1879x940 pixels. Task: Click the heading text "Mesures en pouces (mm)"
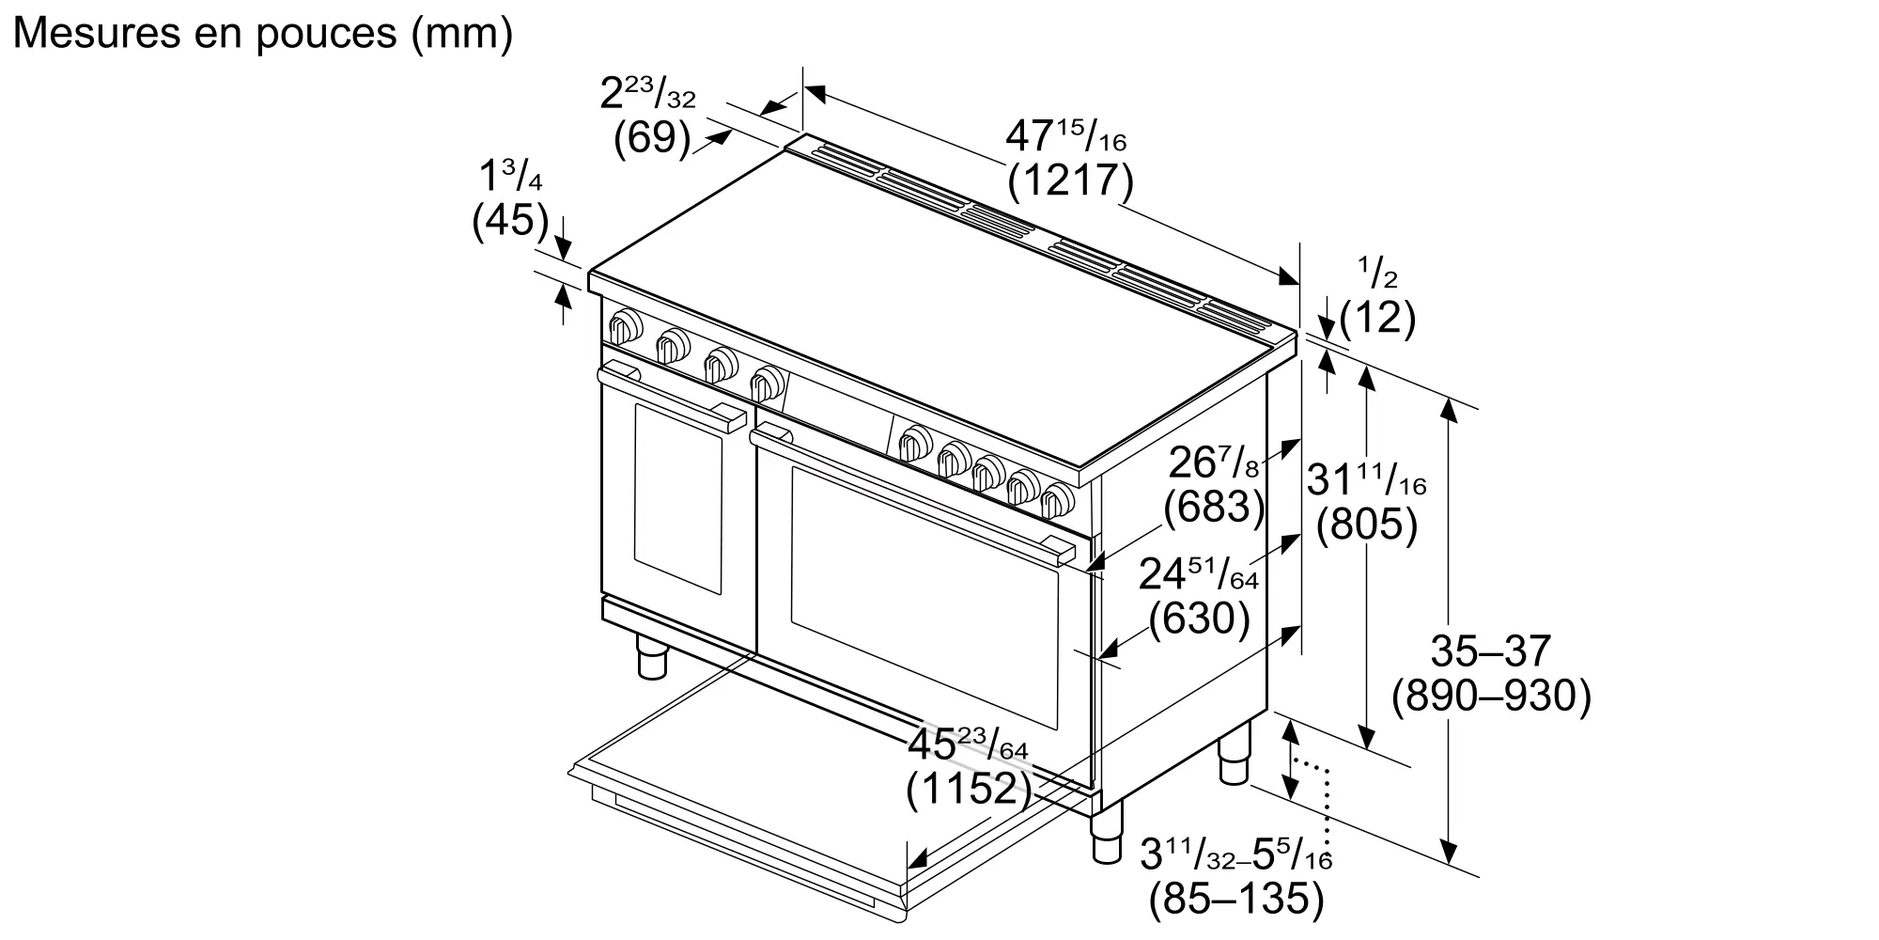264,34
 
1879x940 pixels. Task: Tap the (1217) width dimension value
1070,180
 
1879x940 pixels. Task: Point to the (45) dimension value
510,220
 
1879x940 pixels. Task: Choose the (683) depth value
1214,507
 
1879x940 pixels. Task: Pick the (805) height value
1366,525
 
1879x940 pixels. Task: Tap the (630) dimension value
1200,618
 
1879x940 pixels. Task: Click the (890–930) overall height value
1491,697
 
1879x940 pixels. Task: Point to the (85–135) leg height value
1236,899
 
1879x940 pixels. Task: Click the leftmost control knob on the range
624,326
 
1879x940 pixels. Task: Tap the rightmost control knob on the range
1058,499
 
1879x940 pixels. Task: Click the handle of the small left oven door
672,399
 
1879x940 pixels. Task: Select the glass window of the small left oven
678,497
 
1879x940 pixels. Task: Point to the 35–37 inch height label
1491,650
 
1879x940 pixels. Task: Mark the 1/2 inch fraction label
1377,272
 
